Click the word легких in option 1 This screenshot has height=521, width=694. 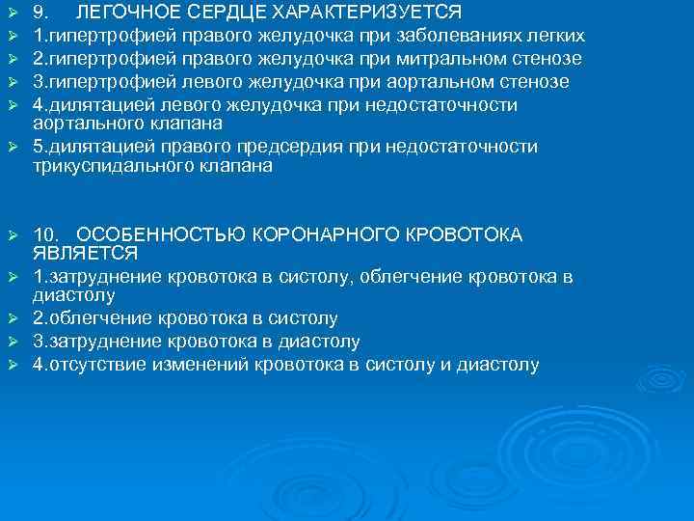pyautogui.click(x=558, y=37)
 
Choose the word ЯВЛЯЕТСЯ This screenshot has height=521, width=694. pyautogui.click(x=85, y=254)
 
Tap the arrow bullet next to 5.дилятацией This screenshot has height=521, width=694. pyautogui.click(x=13, y=148)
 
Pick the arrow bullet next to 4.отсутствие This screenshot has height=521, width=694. pyautogui.click(x=13, y=366)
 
